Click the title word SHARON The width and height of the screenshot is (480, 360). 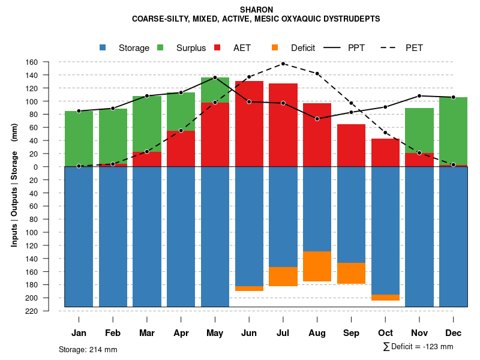pos(256,10)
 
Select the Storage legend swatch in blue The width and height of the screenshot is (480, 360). pos(103,47)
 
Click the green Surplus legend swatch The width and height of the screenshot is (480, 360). pos(160,47)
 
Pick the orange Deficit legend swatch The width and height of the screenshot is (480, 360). pos(275,47)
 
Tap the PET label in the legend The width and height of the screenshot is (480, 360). pos(414,48)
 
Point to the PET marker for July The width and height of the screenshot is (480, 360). pos(283,63)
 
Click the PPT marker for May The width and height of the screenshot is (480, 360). pos(215,78)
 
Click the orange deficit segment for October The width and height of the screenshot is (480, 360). pos(385,298)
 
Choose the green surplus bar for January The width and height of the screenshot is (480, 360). pos(79,138)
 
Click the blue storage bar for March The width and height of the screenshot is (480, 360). pos(147,236)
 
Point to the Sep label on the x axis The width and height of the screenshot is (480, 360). pos(352,333)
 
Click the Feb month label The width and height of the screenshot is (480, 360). pos(113,333)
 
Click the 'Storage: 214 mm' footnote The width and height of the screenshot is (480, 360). pos(88,349)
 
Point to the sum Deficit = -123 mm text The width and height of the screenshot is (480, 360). pos(418,347)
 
